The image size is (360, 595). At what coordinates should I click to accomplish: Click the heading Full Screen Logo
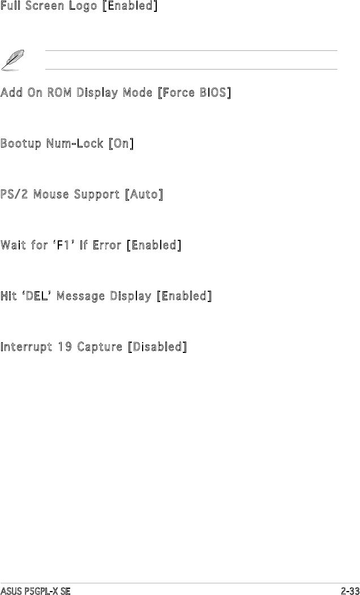click(x=49, y=7)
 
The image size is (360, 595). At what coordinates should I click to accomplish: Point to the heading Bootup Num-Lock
click(x=53, y=144)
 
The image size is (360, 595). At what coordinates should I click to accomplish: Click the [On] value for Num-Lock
click(x=121, y=144)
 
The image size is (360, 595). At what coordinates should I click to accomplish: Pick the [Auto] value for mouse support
click(x=144, y=195)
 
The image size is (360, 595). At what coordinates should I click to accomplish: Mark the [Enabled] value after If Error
click(x=153, y=245)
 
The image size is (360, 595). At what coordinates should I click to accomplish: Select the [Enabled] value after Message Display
click(x=184, y=296)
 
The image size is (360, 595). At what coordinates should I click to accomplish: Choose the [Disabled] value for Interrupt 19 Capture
click(x=157, y=347)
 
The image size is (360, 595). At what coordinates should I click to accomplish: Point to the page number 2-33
click(x=350, y=590)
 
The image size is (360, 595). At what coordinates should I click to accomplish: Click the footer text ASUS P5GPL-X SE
click(x=36, y=590)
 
